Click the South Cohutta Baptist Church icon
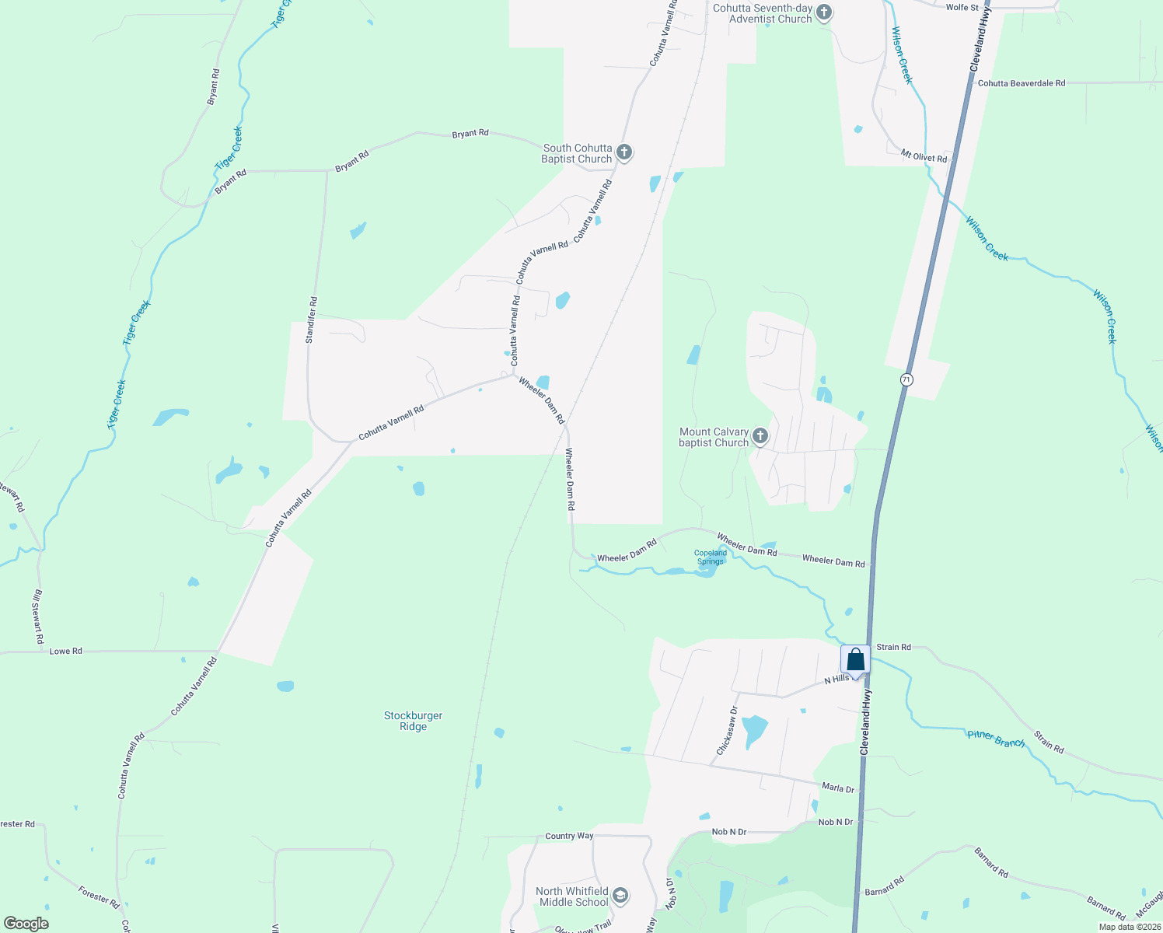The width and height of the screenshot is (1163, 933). point(623,152)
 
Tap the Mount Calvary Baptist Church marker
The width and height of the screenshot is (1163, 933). point(760,436)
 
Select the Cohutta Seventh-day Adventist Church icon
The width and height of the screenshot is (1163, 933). point(824,12)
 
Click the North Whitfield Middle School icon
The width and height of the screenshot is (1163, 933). point(620,896)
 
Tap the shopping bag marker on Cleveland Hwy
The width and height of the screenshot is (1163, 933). point(855,661)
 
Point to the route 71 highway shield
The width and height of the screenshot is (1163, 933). point(906,379)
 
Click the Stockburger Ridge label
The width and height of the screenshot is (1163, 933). point(413,721)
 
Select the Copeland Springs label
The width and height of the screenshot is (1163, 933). point(710,557)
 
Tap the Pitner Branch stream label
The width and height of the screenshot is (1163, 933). point(996,739)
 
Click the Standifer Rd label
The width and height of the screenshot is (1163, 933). point(311,320)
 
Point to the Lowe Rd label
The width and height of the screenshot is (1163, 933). point(65,652)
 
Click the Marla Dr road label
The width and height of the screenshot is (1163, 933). point(838,788)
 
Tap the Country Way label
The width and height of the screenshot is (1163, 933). point(569,836)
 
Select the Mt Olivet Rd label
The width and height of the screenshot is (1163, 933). point(924,157)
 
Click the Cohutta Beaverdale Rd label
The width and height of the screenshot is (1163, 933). point(1022,83)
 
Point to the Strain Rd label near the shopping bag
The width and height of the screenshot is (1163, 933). point(893,647)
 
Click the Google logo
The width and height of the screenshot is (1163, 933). point(26,924)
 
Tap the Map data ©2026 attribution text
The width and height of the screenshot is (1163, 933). point(1129,927)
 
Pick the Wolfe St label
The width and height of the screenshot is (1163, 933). point(962,7)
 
